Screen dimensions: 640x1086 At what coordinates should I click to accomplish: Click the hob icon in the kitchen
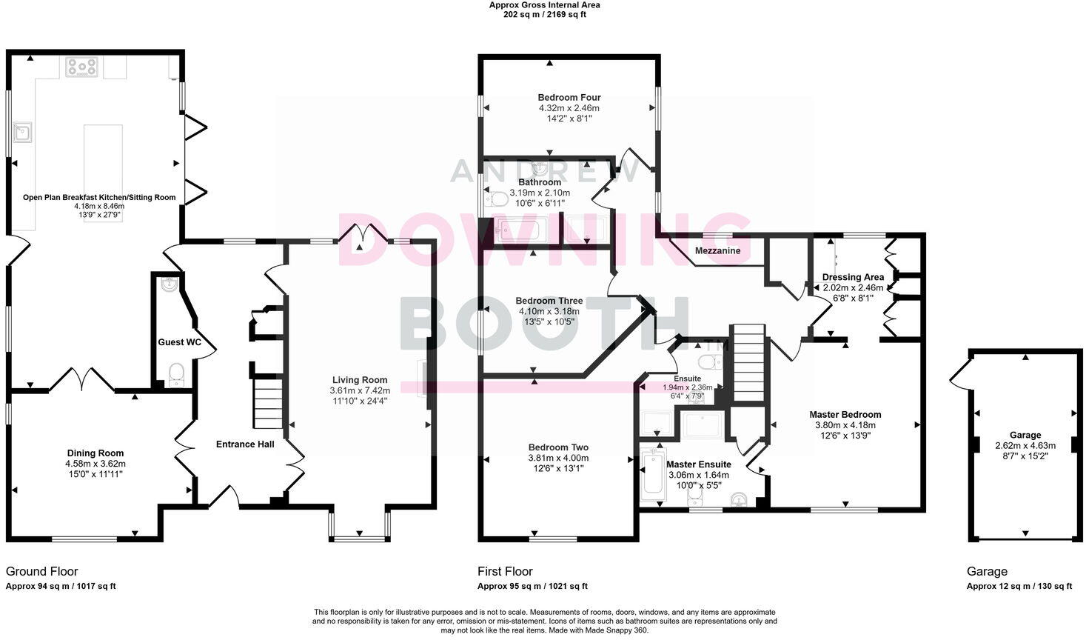point(81,67)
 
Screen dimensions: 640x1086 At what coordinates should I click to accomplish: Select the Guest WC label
point(179,342)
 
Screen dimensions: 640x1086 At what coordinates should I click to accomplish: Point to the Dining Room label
point(95,453)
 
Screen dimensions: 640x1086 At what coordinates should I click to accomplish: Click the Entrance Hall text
point(245,444)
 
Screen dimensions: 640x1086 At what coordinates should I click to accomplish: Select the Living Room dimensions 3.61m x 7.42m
point(359,390)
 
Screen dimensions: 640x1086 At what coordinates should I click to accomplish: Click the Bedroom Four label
point(569,97)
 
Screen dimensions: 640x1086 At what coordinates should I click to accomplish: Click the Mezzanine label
point(717,251)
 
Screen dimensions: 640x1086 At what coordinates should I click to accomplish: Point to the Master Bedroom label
point(845,415)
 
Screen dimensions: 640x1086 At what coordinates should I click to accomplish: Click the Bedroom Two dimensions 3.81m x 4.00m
point(558,458)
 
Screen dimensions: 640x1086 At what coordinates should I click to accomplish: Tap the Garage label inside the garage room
point(1025,435)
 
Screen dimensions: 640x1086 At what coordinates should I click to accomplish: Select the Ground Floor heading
point(41,571)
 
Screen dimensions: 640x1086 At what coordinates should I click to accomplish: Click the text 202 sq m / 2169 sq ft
point(544,14)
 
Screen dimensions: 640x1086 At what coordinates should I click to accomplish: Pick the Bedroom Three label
point(549,301)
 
